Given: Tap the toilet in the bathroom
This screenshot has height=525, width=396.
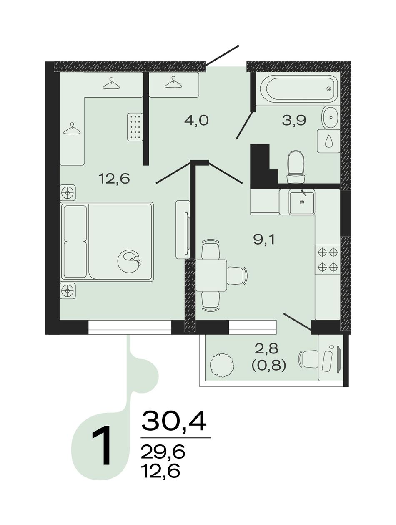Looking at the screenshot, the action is click(296, 167).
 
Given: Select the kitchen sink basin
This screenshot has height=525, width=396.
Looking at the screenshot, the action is click(301, 202).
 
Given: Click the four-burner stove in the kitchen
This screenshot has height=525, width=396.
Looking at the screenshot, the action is click(328, 259).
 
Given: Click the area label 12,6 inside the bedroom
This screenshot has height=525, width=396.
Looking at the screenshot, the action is click(114, 179).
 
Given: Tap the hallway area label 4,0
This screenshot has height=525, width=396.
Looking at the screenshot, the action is click(196, 120).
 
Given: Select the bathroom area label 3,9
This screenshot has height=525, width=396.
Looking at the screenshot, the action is click(294, 120).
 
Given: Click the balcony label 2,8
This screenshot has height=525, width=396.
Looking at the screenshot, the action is click(267, 349).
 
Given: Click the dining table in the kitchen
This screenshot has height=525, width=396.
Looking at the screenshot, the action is click(211, 275).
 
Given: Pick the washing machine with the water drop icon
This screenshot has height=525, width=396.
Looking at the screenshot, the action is click(328, 141).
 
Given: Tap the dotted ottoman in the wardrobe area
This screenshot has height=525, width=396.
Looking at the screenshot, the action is click(135, 127).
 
